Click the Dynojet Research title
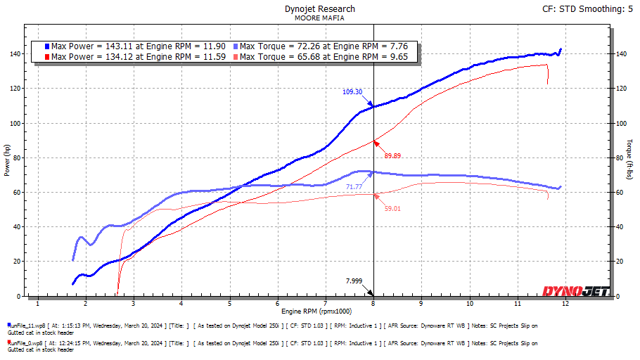[x=319, y=9]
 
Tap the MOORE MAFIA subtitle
[x=319, y=18]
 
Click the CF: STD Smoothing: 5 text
[x=584, y=9]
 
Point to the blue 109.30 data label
[x=352, y=91]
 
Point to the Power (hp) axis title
[x=8, y=161]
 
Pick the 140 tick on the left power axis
[x=14, y=54]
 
